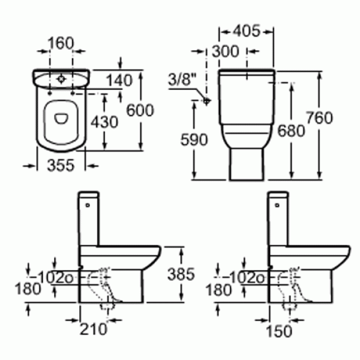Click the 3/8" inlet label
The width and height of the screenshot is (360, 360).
tap(183, 78)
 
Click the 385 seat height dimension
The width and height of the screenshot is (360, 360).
tap(181, 274)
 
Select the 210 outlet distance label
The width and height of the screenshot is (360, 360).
tap(95, 329)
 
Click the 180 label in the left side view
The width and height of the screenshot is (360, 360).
tap(28, 289)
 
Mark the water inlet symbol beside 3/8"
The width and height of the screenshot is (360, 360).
tap(207, 100)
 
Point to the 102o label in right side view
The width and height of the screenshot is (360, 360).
tap(245, 277)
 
